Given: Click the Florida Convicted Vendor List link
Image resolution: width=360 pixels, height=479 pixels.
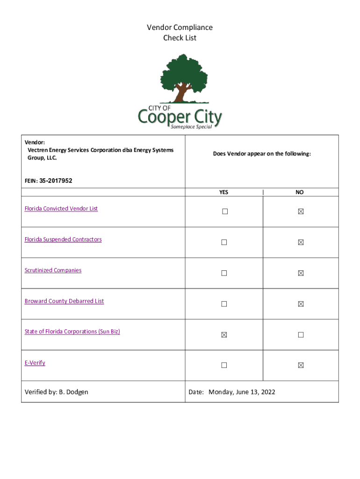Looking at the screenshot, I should click(x=61, y=209).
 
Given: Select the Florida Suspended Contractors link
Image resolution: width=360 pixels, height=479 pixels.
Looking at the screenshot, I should click(x=63, y=239).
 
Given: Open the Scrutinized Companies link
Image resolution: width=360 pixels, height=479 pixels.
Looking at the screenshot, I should click(x=53, y=270).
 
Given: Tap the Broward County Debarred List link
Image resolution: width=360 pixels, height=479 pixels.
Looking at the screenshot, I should click(x=64, y=301).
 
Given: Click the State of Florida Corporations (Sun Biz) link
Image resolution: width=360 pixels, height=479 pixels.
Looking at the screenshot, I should click(x=72, y=332).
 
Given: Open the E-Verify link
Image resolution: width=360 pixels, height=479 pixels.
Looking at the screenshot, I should click(x=35, y=363).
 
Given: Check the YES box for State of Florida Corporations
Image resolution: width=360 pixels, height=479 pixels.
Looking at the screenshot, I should click(x=224, y=335).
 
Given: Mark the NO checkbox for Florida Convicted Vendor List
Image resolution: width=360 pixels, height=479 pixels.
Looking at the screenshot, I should click(x=301, y=211).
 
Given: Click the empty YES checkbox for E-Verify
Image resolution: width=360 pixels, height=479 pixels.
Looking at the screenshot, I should click(x=224, y=365).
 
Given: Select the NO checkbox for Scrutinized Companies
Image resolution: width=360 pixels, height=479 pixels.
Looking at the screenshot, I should click(x=301, y=273).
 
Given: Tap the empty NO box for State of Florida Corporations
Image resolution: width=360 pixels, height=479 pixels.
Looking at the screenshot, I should click(x=301, y=335).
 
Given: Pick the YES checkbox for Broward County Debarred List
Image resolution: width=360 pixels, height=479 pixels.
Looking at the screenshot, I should click(x=224, y=304).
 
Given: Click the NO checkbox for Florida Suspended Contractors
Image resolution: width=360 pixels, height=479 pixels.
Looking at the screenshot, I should click(x=301, y=242).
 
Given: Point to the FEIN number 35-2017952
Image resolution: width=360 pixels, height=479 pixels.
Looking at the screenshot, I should click(x=56, y=181).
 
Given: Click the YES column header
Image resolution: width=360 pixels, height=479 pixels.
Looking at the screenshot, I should click(x=224, y=192).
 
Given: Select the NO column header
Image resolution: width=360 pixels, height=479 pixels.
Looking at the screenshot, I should click(x=300, y=192).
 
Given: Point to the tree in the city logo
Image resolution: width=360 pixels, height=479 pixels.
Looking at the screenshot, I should click(x=183, y=77).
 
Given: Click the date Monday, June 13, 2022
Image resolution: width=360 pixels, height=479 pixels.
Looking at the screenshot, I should click(x=242, y=392).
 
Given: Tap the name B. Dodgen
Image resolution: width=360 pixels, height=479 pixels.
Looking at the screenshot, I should click(x=73, y=392).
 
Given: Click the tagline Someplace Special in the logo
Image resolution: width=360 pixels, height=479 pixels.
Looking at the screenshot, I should click(x=191, y=127).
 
